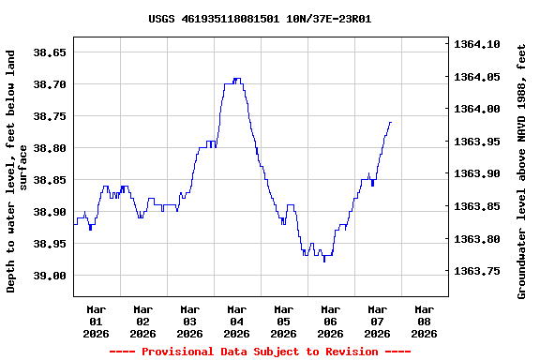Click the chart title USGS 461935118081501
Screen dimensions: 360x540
coord(260,18)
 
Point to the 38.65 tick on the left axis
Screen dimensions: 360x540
coord(51,52)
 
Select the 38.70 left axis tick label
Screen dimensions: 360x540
coord(51,84)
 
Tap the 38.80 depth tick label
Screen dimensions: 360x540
coord(51,148)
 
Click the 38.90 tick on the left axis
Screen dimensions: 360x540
coord(51,212)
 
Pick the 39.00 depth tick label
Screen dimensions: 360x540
coord(51,276)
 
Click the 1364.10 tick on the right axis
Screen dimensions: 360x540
coord(478,44)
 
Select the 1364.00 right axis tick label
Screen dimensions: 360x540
coord(478,109)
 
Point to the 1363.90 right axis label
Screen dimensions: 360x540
coord(478,173)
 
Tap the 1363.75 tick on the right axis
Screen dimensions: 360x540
coord(478,271)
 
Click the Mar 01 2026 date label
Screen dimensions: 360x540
coord(97,321)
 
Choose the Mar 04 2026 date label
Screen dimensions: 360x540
coord(237,321)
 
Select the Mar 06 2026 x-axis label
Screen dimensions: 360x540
coord(330,321)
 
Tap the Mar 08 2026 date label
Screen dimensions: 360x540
coord(424,321)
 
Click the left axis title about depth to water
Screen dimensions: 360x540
coord(17,172)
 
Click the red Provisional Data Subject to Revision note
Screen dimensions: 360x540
coord(260,352)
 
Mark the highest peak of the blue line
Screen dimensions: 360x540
coord(236,79)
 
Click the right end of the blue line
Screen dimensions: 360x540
coord(390,122)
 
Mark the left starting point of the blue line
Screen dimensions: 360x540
coord(74,223)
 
